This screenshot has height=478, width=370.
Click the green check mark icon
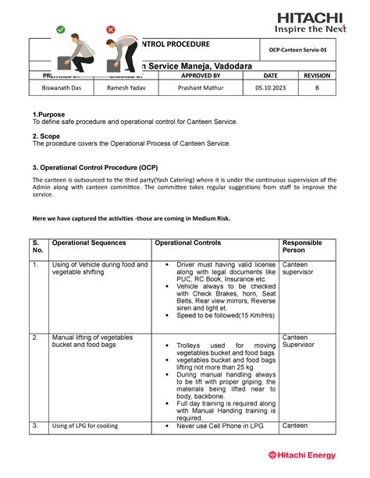pyautogui.click(x=60, y=30)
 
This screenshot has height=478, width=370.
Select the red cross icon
pyautogui.click(x=111, y=30)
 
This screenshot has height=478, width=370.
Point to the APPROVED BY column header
pyautogui.click(x=201, y=76)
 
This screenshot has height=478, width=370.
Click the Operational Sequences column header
pyautogui.click(x=88, y=243)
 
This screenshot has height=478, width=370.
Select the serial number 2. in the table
pyautogui.click(x=35, y=337)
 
